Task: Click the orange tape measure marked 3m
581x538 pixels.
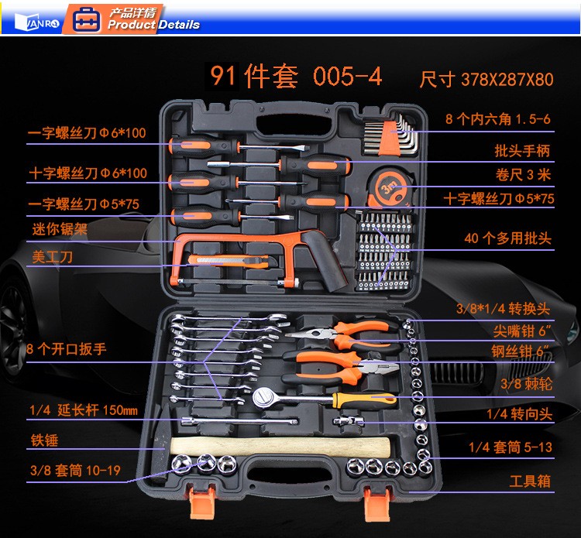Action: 388,187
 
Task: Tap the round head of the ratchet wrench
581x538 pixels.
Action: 263,398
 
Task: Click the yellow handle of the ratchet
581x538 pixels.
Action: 364,399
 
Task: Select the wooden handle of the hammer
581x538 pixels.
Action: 280,447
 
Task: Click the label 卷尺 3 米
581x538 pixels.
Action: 523,174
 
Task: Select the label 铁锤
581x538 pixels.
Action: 44,440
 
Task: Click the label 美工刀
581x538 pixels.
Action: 52,257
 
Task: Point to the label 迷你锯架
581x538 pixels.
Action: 60,229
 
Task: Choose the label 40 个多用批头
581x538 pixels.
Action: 508,238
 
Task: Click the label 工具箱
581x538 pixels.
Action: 530,481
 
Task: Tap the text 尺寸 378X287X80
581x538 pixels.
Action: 486,79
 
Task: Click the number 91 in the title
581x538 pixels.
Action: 222,76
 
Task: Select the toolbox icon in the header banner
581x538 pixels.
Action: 86,19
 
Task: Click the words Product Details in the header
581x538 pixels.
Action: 153,25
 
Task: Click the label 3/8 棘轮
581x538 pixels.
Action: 526,383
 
